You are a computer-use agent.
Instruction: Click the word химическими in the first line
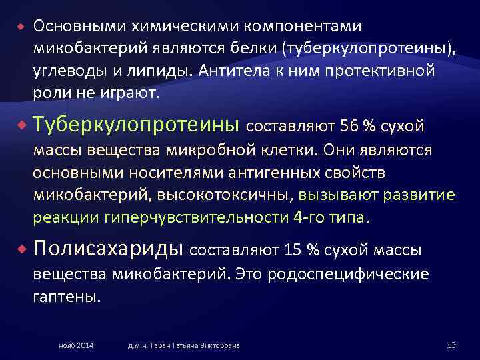click(171, 26)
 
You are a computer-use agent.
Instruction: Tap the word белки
click(244, 49)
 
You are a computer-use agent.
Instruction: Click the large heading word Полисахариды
click(109, 249)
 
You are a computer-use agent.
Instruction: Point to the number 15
click(295, 251)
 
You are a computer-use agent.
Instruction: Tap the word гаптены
click(66, 296)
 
